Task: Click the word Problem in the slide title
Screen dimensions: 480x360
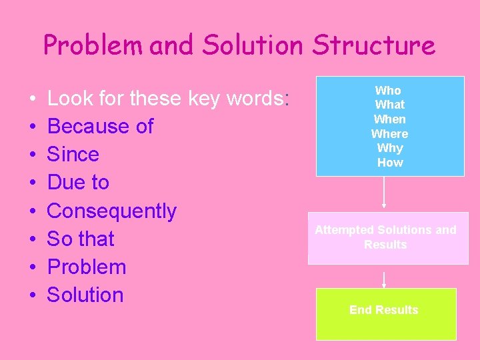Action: pyautogui.click(x=93, y=45)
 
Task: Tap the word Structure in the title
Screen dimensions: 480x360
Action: pyautogui.click(x=374, y=45)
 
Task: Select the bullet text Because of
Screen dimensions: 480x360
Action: pyautogui.click(x=100, y=126)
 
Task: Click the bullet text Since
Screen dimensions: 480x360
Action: pyautogui.click(x=73, y=154)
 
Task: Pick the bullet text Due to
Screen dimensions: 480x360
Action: pyautogui.click(x=78, y=182)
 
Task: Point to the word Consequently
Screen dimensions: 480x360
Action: pyautogui.click(x=112, y=211)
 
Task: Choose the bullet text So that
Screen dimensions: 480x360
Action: pyautogui.click(x=81, y=239)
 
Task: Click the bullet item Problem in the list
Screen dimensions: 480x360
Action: pyautogui.click(x=87, y=267)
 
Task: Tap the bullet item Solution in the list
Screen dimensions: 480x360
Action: pyautogui.click(x=85, y=295)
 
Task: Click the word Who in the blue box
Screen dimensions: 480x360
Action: pyautogui.click(x=388, y=90)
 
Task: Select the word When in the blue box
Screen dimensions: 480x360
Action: pyautogui.click(x=389, y=119)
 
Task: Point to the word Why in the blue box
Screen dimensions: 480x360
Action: pyautogui.click(x=390, y=148)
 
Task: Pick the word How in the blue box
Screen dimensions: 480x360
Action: pyautogui.click(x=390, y=163)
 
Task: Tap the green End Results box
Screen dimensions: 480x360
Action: pyautogui.click(x=385, y=313)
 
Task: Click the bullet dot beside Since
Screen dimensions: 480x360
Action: pyautogui.click(x=33, y=155)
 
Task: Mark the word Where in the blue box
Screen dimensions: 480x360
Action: pyautogui.click(x=389, y=134)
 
